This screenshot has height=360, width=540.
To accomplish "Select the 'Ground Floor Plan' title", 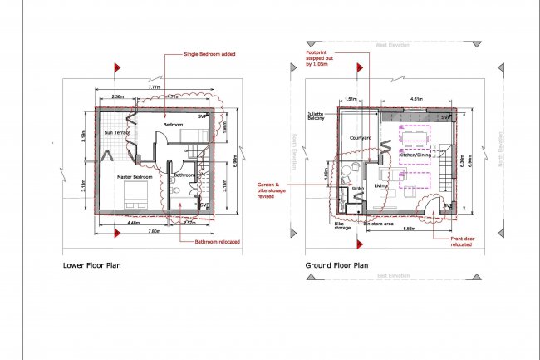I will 336,267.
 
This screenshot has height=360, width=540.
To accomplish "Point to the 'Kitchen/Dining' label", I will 415,155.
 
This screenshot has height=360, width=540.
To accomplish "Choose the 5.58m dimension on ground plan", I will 408,229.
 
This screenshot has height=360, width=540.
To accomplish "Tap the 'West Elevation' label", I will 392,45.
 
